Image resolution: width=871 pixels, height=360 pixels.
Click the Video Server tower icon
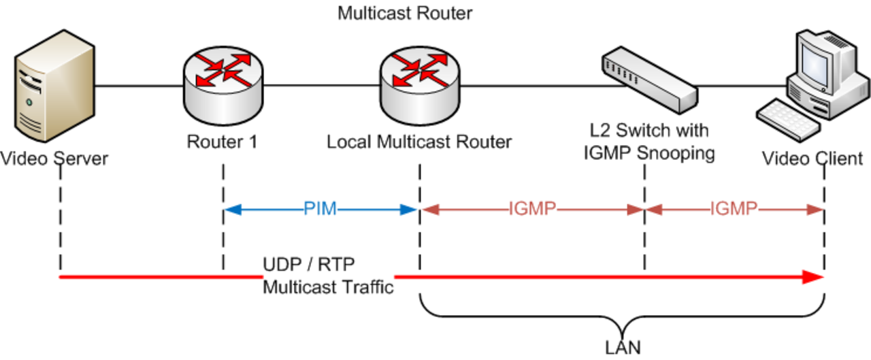[x=54, y=86]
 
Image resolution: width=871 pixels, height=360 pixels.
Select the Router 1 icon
[x=223, y=86]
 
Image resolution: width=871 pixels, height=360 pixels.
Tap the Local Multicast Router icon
[x=420, y=86]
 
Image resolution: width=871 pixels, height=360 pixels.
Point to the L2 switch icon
[x=650, y=80]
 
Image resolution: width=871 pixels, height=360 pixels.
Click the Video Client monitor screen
[x=816, y=65]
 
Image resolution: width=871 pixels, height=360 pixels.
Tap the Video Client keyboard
[x=788, y=120]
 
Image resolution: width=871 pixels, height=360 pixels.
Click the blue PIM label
[x=320, y=209]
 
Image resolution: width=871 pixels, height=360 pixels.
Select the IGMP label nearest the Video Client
[x=734, y=209]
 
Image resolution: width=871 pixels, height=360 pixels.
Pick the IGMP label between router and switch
[x=532, y=209]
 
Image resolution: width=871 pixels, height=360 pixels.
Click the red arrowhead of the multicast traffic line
[x=813, y=277]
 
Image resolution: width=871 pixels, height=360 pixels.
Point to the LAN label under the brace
[x=623, y=348]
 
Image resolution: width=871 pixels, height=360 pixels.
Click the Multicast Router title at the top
[x=405, y=13]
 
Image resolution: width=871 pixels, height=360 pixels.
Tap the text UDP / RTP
[x=309, y=265]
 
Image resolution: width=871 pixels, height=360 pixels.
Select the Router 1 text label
[x=222, y=142]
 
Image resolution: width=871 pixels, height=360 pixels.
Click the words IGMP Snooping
[x=649, y=153]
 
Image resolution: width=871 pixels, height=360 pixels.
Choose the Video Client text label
[x=812, y=159]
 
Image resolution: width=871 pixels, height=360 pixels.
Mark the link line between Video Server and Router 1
[x=139, y=86]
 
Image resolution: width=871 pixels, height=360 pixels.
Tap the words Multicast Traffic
[x=328, y=287]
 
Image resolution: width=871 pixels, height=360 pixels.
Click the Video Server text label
[x=54, y=159]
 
